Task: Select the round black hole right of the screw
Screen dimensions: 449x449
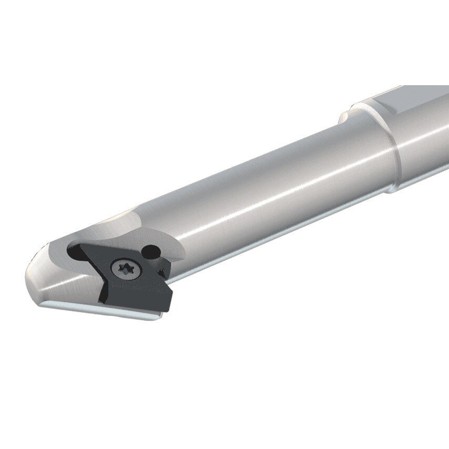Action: pyautogui.click(x=153, y=252)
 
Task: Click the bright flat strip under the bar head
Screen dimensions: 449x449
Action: pyautogui.click(x=100, y=313)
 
